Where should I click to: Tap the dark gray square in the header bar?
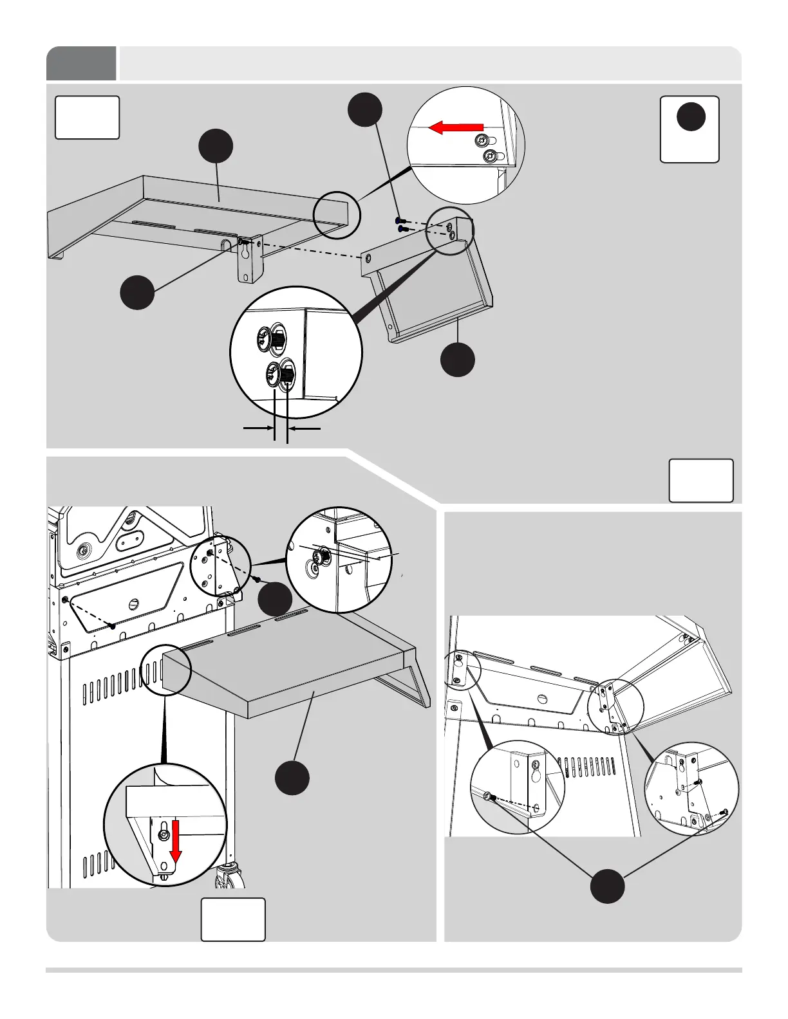coord(81,63)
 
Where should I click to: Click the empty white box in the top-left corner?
coord(87,117)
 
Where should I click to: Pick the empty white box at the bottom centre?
coord(233,919)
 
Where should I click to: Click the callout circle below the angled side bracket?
coord(458,359)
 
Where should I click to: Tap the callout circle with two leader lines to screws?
coord(608,886)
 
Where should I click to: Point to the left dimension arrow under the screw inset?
coord(258,427)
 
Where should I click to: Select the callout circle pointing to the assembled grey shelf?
coord(292,777)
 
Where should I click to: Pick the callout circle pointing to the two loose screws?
coord(364,109)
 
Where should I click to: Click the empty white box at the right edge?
coord(701,480)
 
